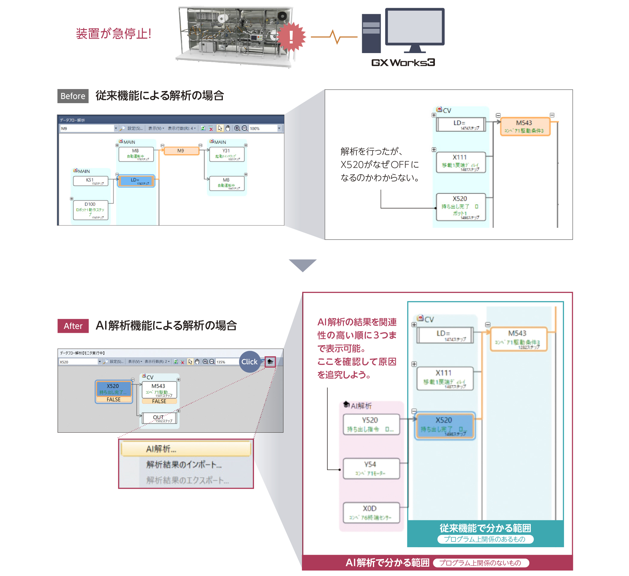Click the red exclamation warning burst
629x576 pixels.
[x=291, y=37]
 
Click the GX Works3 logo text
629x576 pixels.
[x=403, y=62]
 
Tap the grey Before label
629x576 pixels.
[x=73, y=96]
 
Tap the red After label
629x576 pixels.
[x=73, y=326]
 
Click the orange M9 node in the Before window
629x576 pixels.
[x=181, y=151]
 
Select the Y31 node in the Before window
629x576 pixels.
[x=227, y=154]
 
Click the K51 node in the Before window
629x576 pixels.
[x=90, y=181]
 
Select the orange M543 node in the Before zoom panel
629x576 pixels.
[x=525, y=126]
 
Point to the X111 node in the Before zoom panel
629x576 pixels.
[x=461, y=162]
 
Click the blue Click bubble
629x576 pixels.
[x=250, y=361]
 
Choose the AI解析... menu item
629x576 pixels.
[x=186, y=449]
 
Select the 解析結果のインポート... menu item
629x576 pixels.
[x=184, y=464]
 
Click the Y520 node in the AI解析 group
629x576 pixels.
[x=371, y=424]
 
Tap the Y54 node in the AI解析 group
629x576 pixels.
[x=371, y=468]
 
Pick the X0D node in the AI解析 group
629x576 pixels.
[x=371, y=512]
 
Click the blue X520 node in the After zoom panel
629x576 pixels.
[x=444, y=425]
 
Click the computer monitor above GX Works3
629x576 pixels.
[x=415, y=28]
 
